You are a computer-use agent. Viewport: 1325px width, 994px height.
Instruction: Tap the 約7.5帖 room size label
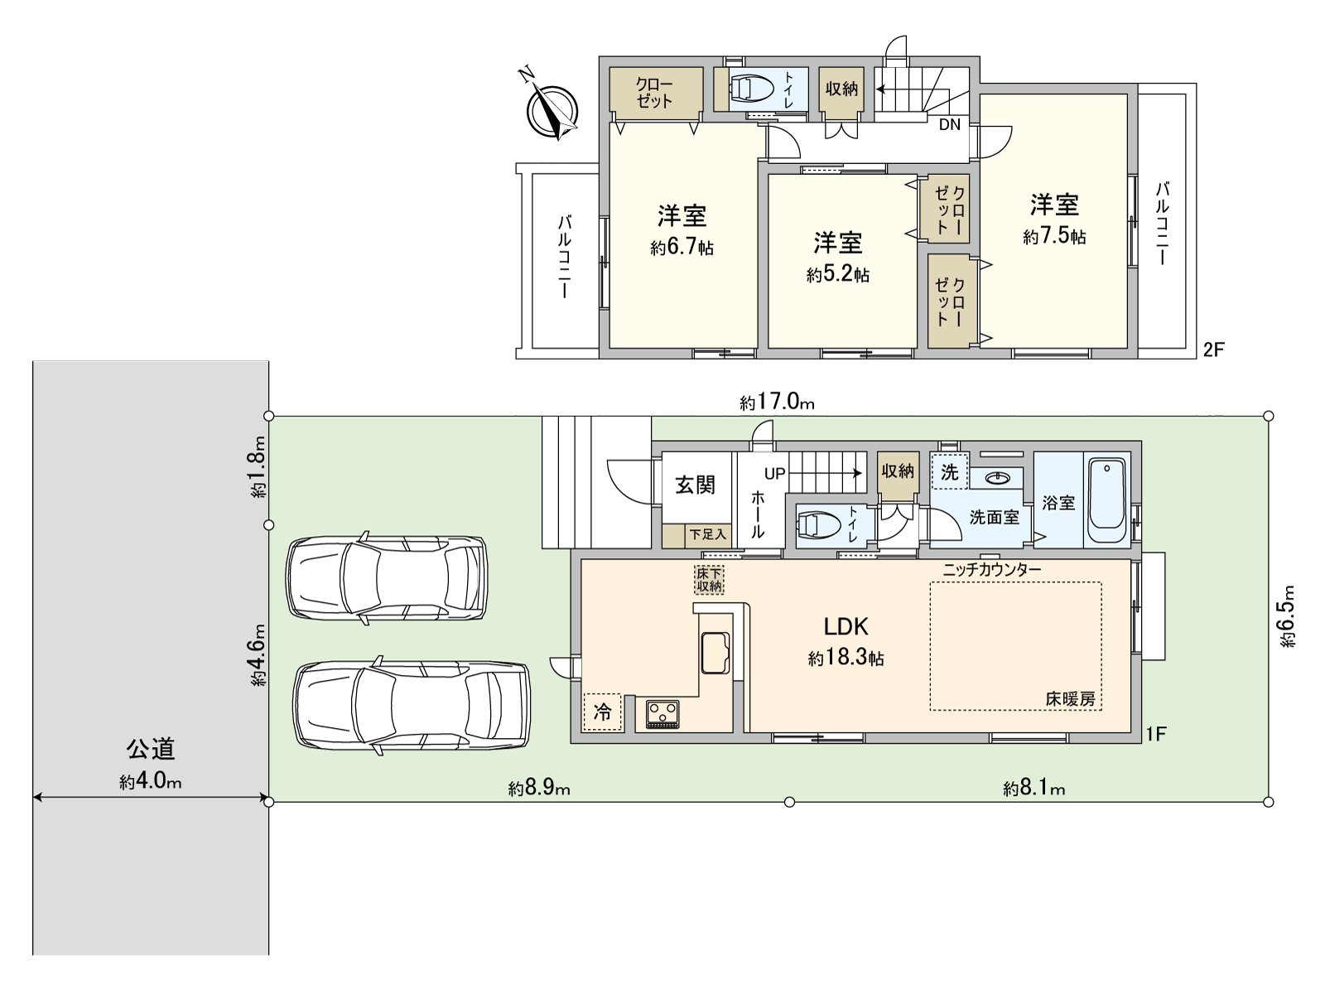1054,237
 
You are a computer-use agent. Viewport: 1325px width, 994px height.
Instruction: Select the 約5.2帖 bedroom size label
838,275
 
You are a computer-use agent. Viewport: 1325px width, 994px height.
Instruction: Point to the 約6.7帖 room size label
682,247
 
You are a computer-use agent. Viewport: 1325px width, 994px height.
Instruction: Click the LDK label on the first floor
846,627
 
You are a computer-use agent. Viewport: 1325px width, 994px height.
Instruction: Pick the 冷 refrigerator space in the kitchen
602,712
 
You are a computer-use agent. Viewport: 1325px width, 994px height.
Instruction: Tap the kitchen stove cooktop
662,714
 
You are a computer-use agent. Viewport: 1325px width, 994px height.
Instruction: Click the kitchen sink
715,653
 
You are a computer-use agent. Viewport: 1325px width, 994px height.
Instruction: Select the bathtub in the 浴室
1106,500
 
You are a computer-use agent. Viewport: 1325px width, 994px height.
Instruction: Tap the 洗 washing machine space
950,471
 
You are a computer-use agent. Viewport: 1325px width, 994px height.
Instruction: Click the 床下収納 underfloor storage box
709,579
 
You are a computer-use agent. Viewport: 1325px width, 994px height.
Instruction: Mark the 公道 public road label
151,749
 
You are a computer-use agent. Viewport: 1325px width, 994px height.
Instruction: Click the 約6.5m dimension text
1286,616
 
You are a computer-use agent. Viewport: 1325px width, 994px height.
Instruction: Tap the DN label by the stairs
950,124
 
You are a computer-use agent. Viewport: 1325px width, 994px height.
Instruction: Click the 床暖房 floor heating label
1070,699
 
